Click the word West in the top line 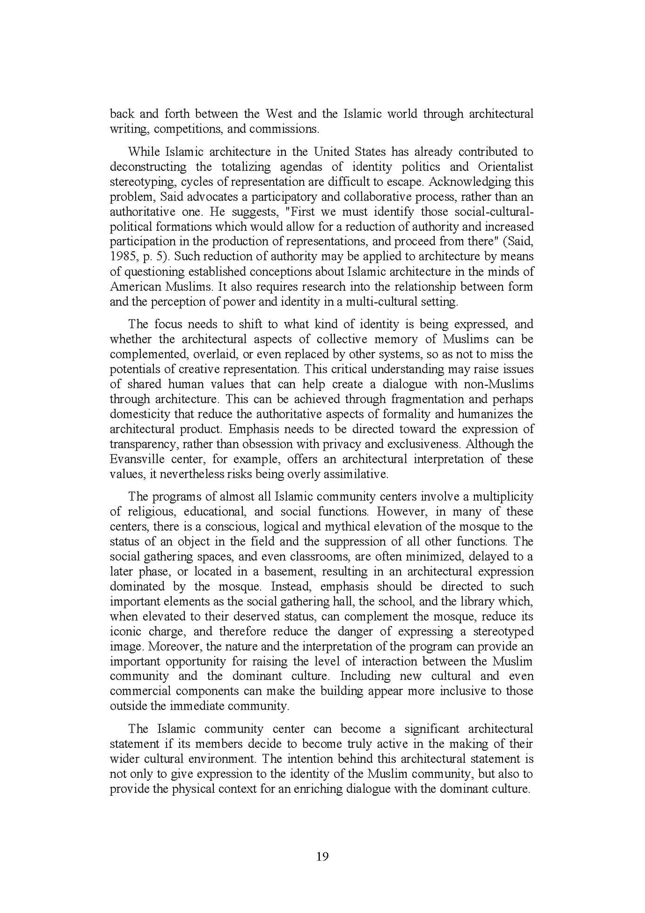pyautogui.click(x=279, y=114)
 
